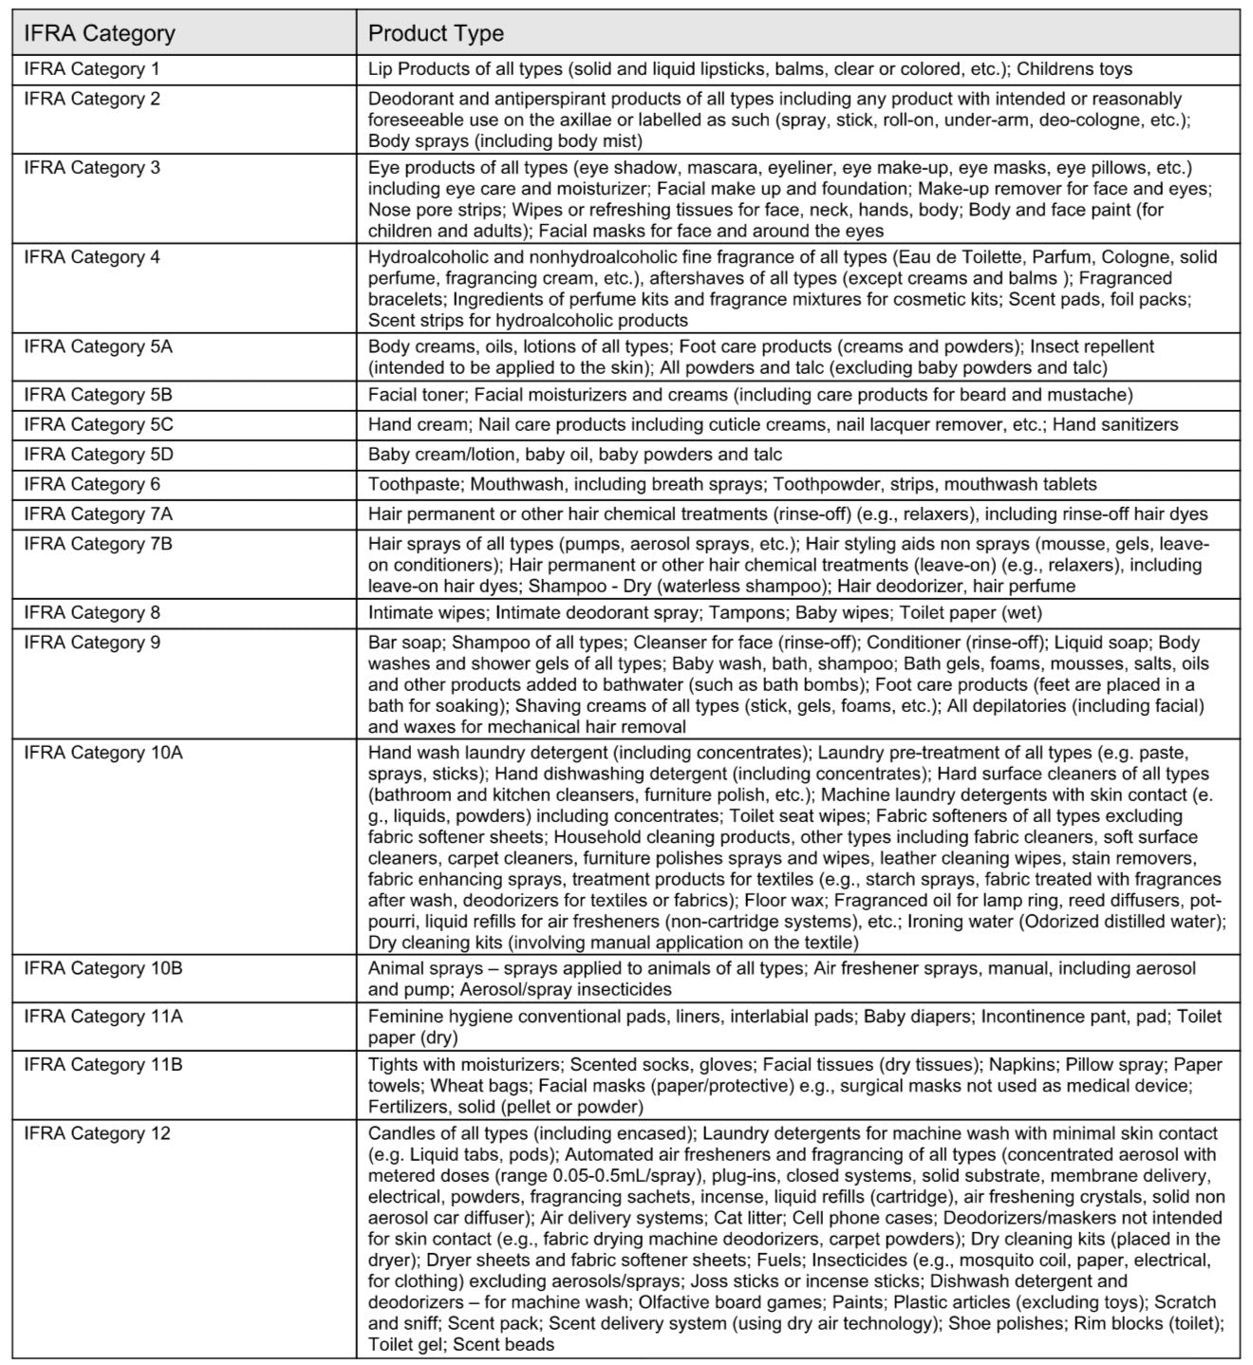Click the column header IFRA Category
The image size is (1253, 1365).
(100, 34)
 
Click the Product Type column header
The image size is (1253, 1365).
(436, 34)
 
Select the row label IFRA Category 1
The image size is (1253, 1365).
(92, 69)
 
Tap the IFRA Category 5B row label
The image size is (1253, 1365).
(99, 395)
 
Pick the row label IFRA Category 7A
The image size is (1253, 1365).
(99, 514)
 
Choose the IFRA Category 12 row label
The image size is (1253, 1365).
(97, 1133)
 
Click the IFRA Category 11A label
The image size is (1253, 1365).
(103, 1018)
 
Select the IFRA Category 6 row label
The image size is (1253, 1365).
(92, 484)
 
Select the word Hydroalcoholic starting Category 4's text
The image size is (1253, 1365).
(427, 257)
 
